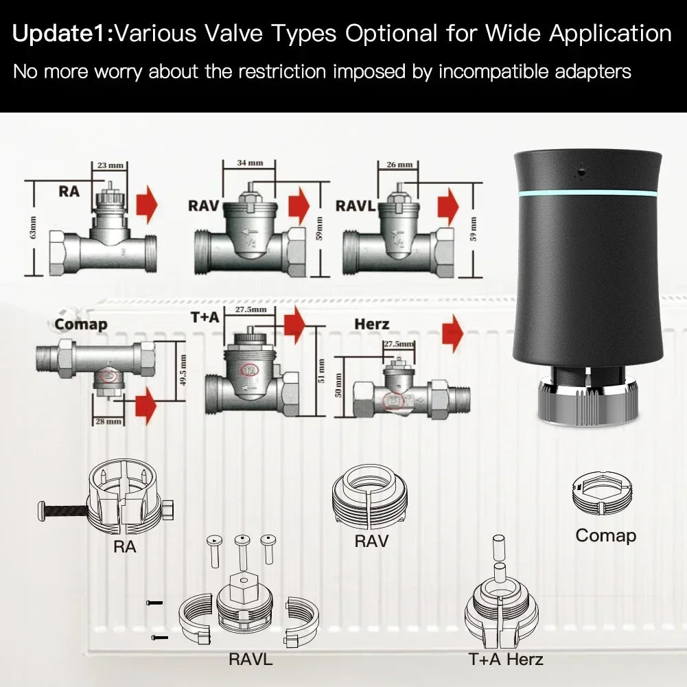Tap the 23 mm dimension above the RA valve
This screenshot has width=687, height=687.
105,165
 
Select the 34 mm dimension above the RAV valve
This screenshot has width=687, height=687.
250,163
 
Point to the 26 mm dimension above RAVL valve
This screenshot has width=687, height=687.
399,165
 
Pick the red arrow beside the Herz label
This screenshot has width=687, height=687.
453,334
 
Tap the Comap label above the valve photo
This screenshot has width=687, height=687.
81,324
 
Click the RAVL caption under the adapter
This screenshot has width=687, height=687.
251,660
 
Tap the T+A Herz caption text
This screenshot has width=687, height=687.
506,660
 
